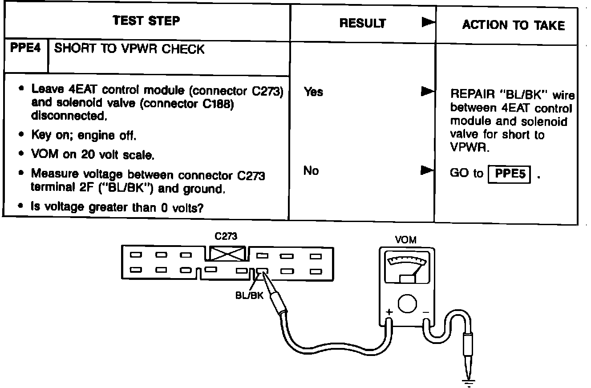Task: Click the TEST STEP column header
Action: point(146,20)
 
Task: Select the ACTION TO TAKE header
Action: point(514,25)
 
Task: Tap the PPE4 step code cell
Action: point(25,48)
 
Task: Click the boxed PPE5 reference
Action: point(509,174)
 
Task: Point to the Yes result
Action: point(313,92)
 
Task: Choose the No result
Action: point(311,170)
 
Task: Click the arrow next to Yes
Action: point(427,91)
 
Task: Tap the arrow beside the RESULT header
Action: point(428,22)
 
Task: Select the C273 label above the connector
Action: point(226,236)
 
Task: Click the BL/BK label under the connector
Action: point(249,295)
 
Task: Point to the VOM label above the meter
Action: point(405,240)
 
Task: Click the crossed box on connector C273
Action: point(227,254)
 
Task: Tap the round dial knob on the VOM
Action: point(407,303)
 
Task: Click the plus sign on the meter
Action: point(389,312)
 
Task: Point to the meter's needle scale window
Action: point(407,267)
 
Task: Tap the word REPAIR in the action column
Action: point(472,94)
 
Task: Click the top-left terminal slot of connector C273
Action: point(136,255)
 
